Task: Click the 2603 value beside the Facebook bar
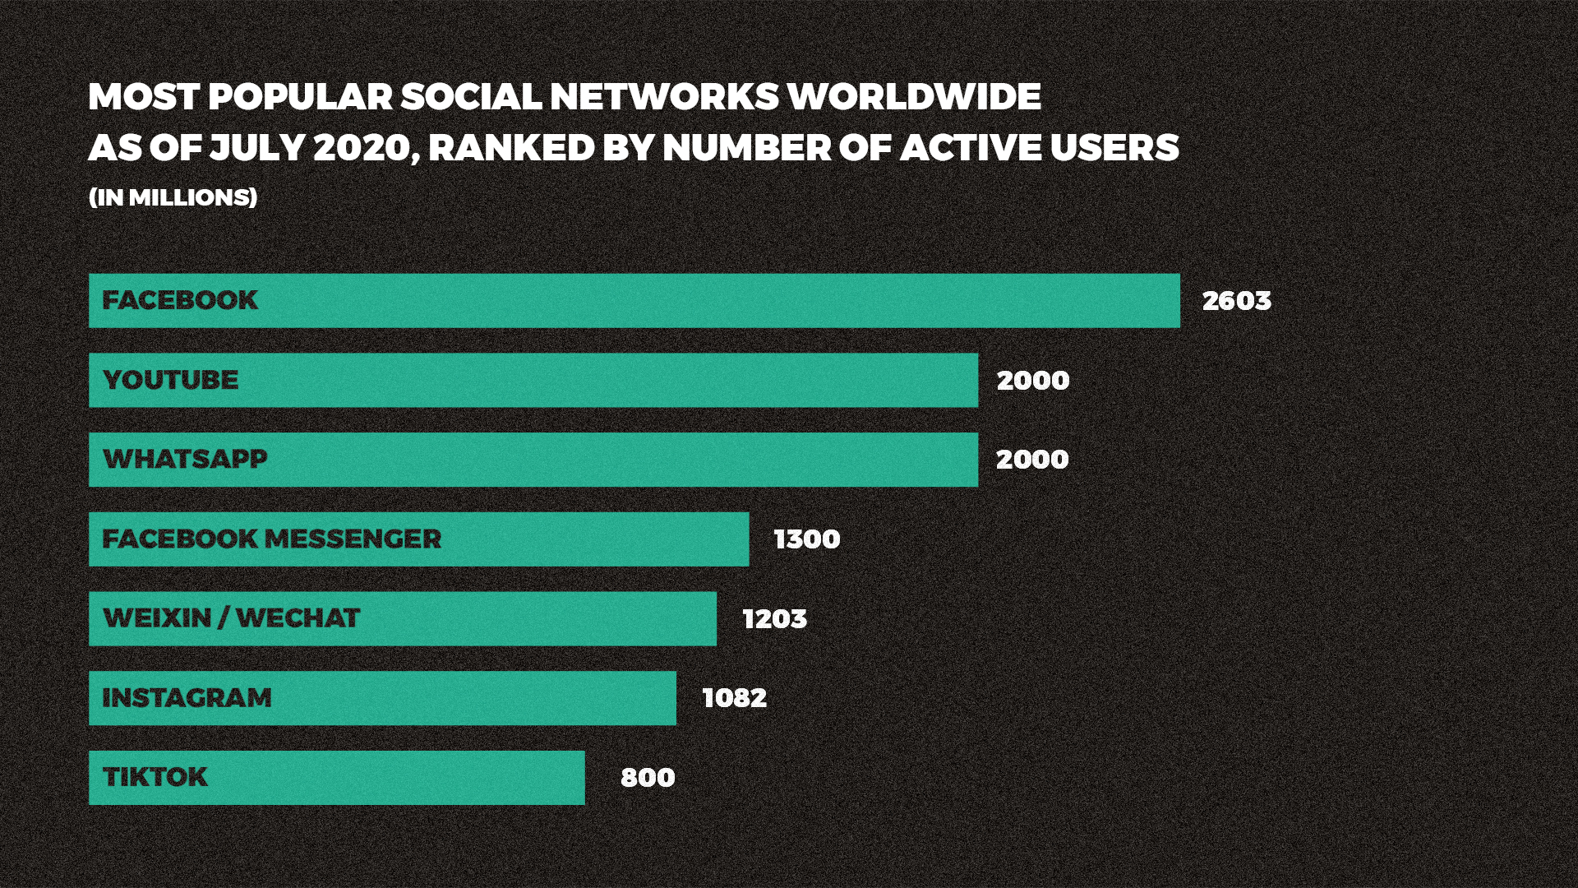coord(1236,301)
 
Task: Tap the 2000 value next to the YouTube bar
coord(1033,381)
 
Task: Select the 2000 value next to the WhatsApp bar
coord(1032,460)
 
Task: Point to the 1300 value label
coord(807,539)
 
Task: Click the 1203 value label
coord(775,619)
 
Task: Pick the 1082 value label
coord(735,698)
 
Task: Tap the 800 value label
coord(648,778)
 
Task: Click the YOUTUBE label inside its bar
coord(171,380)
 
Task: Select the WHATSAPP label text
coord(185,459)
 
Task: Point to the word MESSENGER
coord(353,539)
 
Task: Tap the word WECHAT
coord(298,618)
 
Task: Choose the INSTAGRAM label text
coord(187,698)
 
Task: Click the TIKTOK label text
coord(155,777)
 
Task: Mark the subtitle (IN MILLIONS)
coord(173,197)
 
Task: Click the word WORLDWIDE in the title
coord(914,97)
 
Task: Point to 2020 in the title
coord(362,148)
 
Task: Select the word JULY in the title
coord(256,148)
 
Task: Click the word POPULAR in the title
coord(301,97)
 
